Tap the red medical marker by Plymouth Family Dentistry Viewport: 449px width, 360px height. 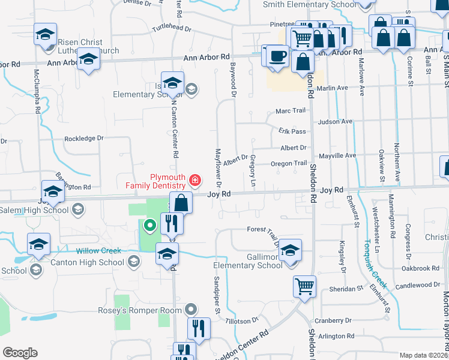click(x=194, y=179)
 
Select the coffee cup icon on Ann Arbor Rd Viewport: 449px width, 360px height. click(x=277, y=56)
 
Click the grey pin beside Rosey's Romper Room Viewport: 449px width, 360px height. click(x=191, y=310)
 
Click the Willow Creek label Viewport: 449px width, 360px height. click(x=98, y=251)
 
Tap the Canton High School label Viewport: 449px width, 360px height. click(x=90, y=262)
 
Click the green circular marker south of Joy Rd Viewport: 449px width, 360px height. click(x=149, y=226)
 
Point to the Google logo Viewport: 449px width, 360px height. click(x=20, y=352)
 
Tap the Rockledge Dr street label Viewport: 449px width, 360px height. click(x=84, y=138)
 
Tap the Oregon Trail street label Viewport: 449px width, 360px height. click(x=289, y=163)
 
